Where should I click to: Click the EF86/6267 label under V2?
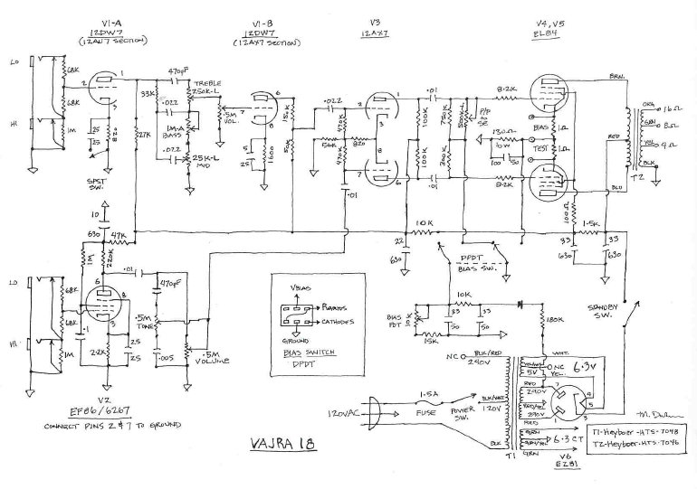click(101, 411)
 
